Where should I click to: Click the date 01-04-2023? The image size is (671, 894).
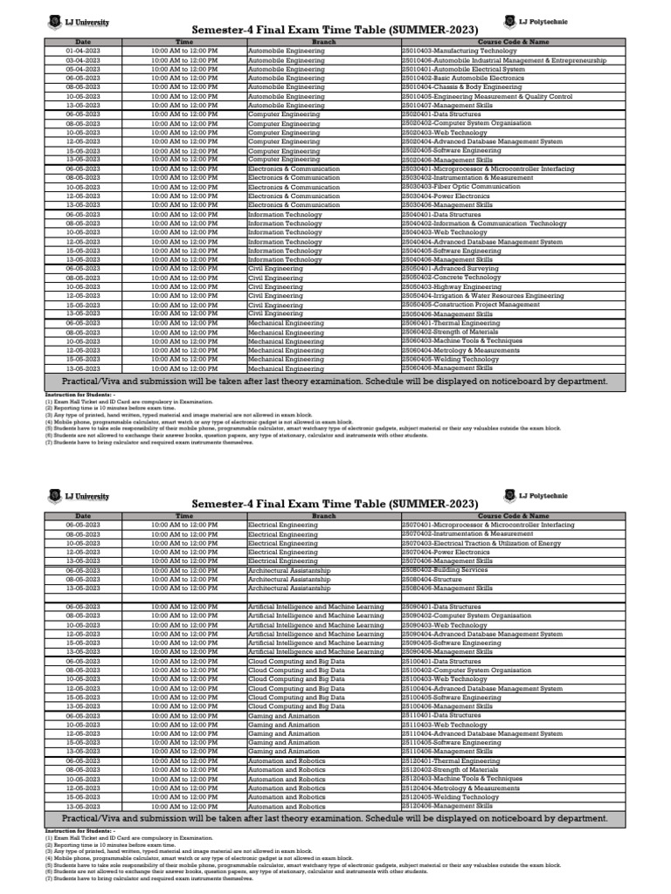tap(83, 51)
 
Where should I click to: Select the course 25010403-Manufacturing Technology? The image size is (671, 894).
tap(460, 51)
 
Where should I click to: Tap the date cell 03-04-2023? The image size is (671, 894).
tap(83, 59)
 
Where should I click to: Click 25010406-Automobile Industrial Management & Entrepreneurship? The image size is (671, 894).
tap(503, 59)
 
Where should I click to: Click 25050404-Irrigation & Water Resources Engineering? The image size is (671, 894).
tap(482, 296)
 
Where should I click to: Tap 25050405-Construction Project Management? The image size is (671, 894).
tap(470, 305)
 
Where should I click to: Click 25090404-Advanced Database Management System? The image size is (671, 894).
tap(481, 633)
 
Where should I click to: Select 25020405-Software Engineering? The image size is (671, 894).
tap(452, 150)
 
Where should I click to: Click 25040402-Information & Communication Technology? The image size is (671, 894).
tap(484, 223)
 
